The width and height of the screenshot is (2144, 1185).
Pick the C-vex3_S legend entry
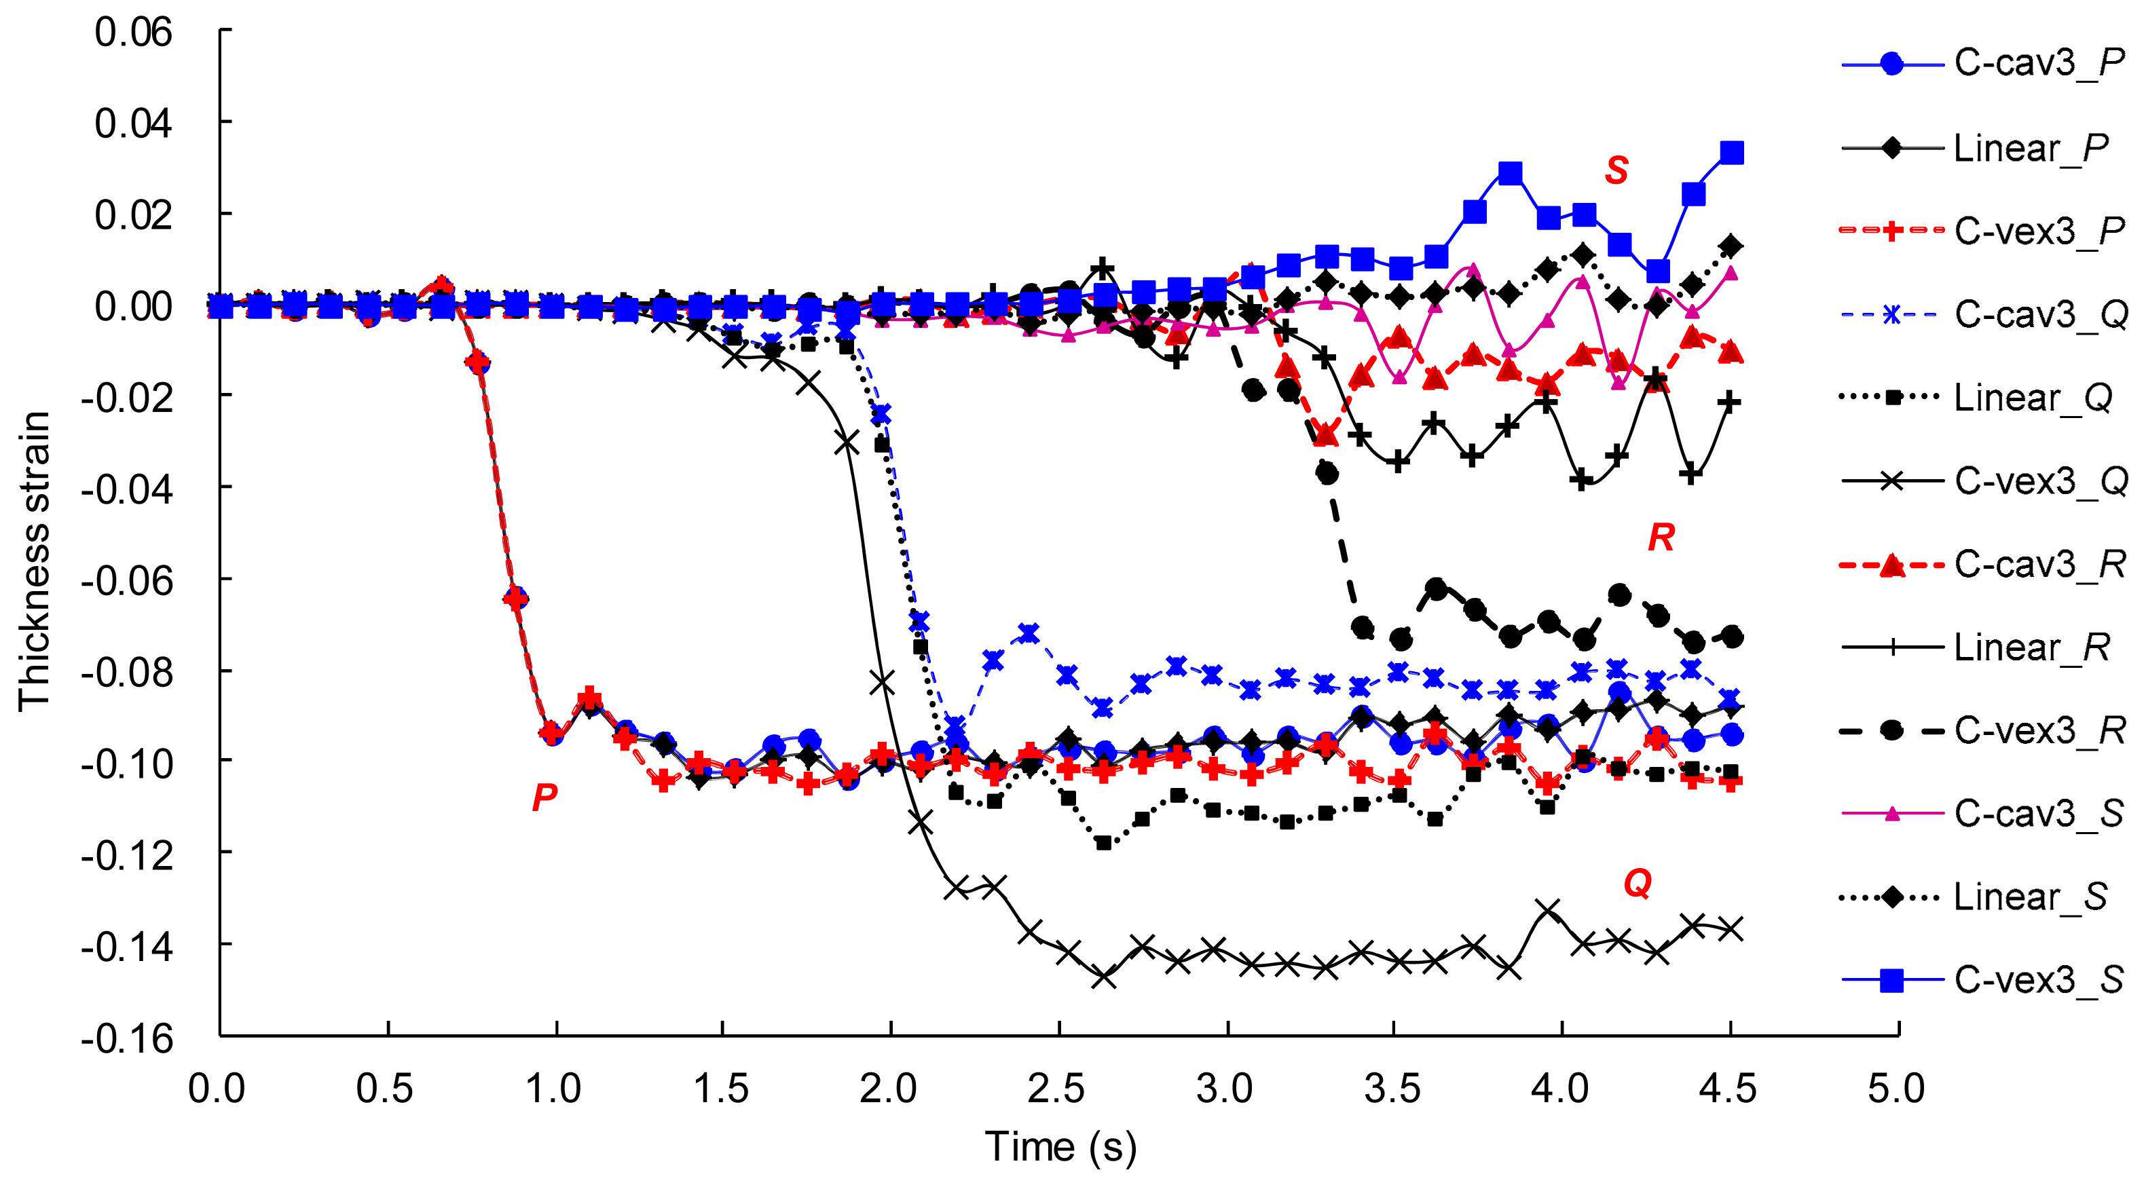click(2039, 980)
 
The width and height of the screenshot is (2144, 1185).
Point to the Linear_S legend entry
click(2031, 897)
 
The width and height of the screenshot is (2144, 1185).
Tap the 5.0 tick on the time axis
click(1898, 1089)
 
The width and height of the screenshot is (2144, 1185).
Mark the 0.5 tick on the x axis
click(388, 1089)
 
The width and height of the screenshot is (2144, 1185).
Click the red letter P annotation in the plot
click(544, 799)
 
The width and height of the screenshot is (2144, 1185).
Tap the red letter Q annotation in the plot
click(1638, 884)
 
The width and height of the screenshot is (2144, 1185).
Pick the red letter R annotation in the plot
click(1661, 540)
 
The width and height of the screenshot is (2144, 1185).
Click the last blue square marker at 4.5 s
click(1732, 153)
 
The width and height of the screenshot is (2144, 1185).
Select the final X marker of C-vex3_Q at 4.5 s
click(1732, 928)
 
